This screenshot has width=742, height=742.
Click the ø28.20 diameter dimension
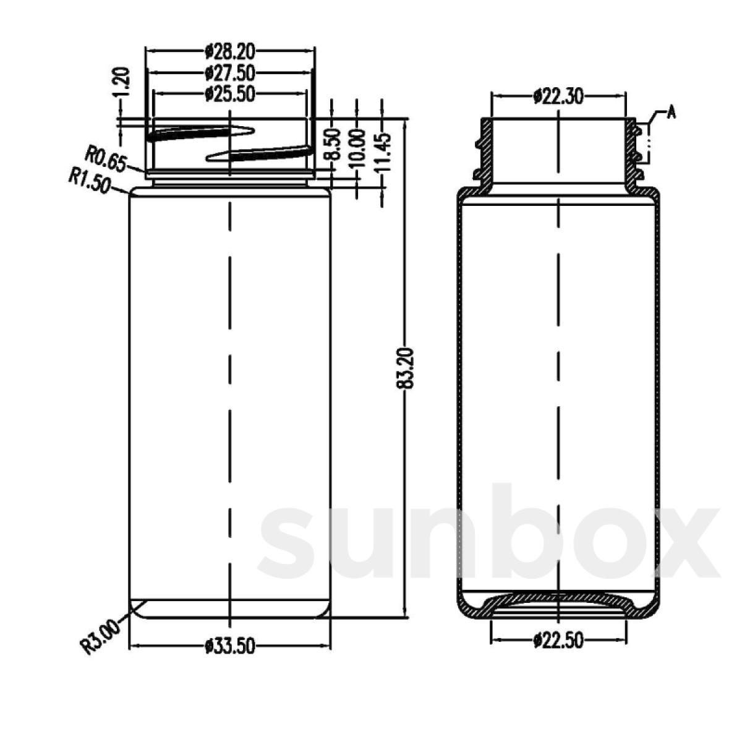[x=230, y=51]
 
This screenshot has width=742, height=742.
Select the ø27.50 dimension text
[x=230, y=72]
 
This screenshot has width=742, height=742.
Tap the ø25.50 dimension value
[x=230, y=93]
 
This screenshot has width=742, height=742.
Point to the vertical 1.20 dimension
[x=123, y=82]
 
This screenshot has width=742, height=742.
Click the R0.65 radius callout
[x=106, y=160]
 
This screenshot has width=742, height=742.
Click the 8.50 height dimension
[x=332, y=144]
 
